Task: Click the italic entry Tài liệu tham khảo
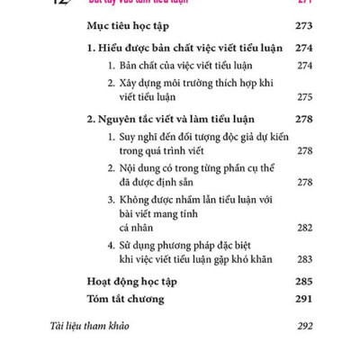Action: [x=90, y=325]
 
